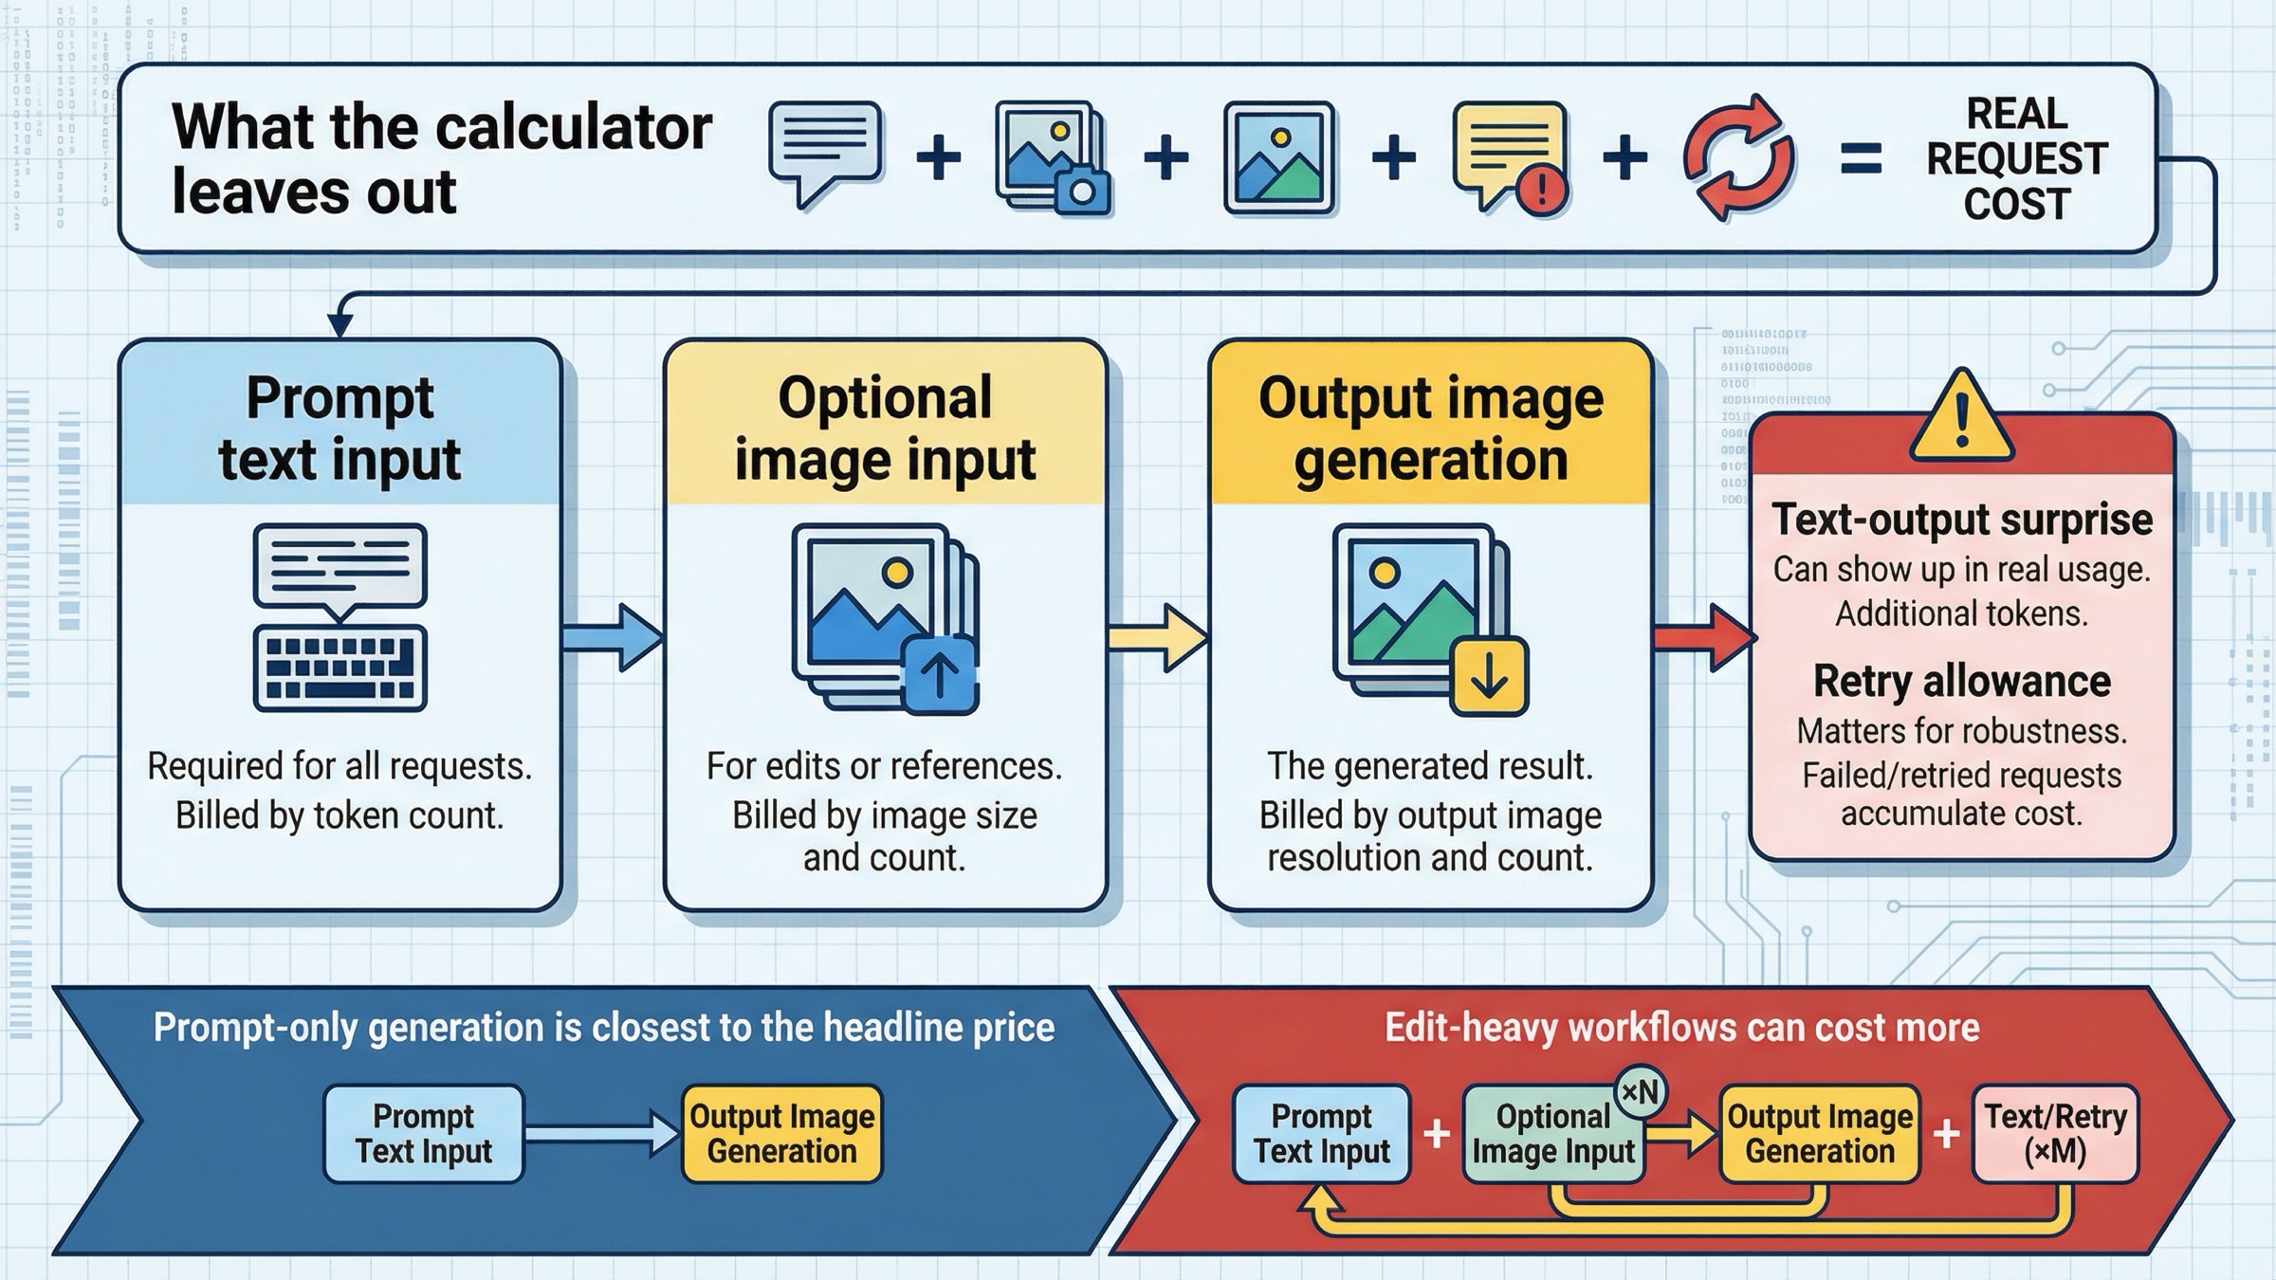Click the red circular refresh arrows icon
1738,157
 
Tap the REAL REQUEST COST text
2016,159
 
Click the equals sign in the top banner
1861,159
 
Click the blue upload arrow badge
940,674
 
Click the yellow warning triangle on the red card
1961,418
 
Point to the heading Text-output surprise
1961,520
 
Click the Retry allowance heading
1961,681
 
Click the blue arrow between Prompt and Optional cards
613,636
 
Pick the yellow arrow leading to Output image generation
1158,636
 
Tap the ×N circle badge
1640,1092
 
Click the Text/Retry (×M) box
2055,1134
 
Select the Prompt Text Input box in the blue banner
423,1134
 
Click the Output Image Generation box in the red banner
1819,1134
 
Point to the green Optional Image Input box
1552,1134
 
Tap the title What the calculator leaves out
441,159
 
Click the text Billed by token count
340,815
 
